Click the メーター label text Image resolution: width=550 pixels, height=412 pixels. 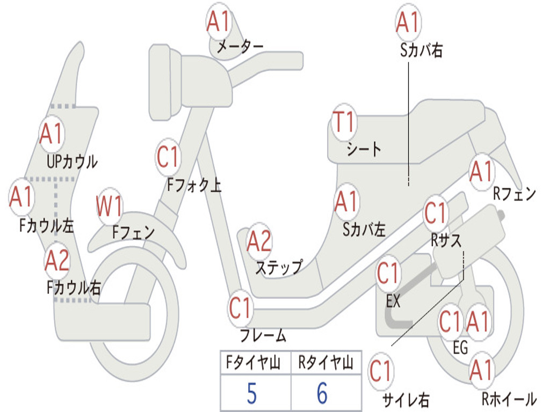240,47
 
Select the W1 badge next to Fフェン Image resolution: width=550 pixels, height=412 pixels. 110,207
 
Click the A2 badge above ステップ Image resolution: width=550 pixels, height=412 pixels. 259,242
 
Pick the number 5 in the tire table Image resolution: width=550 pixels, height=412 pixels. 251,393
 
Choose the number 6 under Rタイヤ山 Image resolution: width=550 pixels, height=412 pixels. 322,393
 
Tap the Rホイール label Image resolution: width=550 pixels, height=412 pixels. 508,399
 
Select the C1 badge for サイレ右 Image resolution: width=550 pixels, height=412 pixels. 380,371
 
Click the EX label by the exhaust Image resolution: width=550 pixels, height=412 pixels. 393,301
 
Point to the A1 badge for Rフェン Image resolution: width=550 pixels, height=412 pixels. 481,172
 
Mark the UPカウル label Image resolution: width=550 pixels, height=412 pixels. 72,161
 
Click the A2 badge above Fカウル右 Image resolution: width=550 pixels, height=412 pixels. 57,261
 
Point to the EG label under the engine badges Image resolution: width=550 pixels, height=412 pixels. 460,348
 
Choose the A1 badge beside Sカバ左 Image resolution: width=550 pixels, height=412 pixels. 346,202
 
